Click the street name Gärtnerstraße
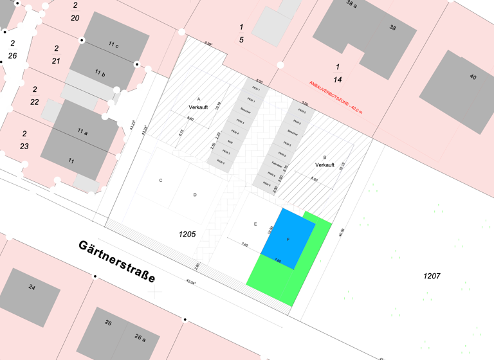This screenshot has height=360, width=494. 117,262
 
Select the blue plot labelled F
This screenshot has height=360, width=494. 288,239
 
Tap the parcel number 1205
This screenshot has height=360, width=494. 187,235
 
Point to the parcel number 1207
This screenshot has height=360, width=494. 432,276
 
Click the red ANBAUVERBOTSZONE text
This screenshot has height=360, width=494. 336,97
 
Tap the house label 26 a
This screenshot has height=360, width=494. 140,337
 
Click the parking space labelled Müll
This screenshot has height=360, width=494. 230,141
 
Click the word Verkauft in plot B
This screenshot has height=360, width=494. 325,165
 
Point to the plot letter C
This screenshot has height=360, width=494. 161,181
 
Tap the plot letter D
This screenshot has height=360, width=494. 194,194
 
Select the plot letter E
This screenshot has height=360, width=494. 255,224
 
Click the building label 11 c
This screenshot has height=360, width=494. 113,45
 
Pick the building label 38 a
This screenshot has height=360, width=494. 351,4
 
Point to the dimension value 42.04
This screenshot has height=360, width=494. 190,280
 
